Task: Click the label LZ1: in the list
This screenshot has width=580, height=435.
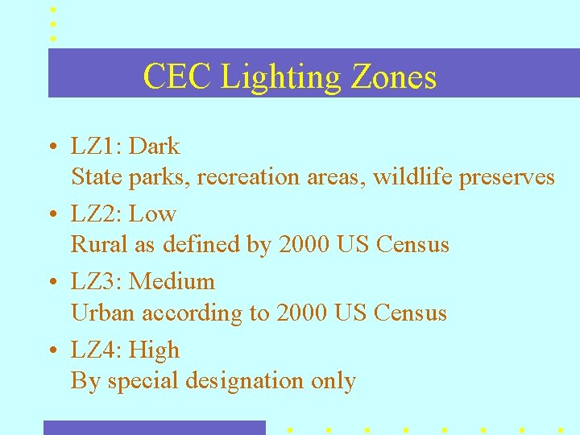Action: pyautogui.click(x=97, y=147)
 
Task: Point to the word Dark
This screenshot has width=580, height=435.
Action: pyautogui.click(x=155, y=147)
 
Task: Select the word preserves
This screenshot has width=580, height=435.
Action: pyautogui.click(x=507, y=177)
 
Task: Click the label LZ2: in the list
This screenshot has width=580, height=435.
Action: pyautogui.click(x=97, y=214)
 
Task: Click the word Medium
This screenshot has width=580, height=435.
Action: pyautogui.click(x=172, y=282)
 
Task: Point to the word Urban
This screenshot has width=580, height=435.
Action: pyautogui.click(x=97, y=313)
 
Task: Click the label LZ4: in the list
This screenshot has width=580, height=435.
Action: pyautogui.click(x=97, y=350)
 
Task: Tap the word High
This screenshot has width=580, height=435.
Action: pyautogui.click(x=154, y=350)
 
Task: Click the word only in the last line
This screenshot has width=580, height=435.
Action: pyautogui.click(x=333, y=381)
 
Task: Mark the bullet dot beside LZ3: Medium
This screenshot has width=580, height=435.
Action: pyautogui.click(x=51, y=283)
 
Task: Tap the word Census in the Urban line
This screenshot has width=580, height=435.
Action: pyautogui.click(x=410, y=313)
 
